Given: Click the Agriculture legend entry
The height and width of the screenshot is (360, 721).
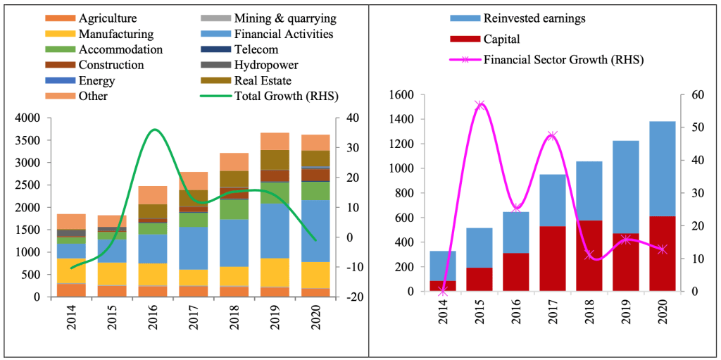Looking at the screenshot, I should (x=108, y=18).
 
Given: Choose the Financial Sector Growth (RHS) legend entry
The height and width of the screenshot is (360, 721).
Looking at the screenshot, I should (x=563, y=59).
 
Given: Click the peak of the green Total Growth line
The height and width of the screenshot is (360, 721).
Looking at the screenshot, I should (x=155, y=130).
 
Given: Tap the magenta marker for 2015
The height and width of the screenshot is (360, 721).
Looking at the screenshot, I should (x=479, y=105).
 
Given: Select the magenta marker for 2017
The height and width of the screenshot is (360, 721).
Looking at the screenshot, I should (x=553, y=136).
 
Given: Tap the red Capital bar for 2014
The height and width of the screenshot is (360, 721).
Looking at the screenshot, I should (x=443, y=286).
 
